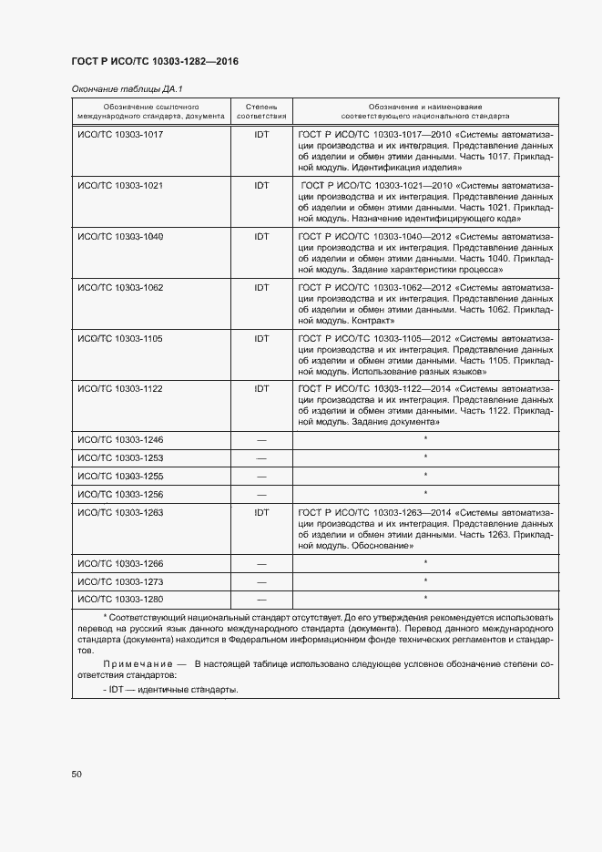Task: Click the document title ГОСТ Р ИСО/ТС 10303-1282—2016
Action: coord(154,62)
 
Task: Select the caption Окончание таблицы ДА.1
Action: coord(127,89)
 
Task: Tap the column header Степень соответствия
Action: coord(261,111)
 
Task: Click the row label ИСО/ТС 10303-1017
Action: coord(120,135)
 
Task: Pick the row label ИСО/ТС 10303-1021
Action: coord(120,186)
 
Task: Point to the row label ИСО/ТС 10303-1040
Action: coord(120,237)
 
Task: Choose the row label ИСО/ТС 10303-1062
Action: coord(120,288)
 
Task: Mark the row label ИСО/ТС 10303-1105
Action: coord(120,339)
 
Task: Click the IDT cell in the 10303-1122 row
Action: coord(261,389)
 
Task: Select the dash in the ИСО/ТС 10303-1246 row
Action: coord(261,440)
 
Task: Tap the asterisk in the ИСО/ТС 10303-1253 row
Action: coord(425,458)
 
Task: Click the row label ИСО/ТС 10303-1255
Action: coord(120,477)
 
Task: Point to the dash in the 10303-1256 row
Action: coord(261,495)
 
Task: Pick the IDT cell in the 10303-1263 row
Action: coord(261,513)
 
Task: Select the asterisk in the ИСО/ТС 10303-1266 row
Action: coord(425,564)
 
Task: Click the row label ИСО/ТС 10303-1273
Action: coord(120,581)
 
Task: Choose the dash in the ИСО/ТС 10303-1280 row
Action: coord(261,600)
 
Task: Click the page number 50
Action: coord(77,775)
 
